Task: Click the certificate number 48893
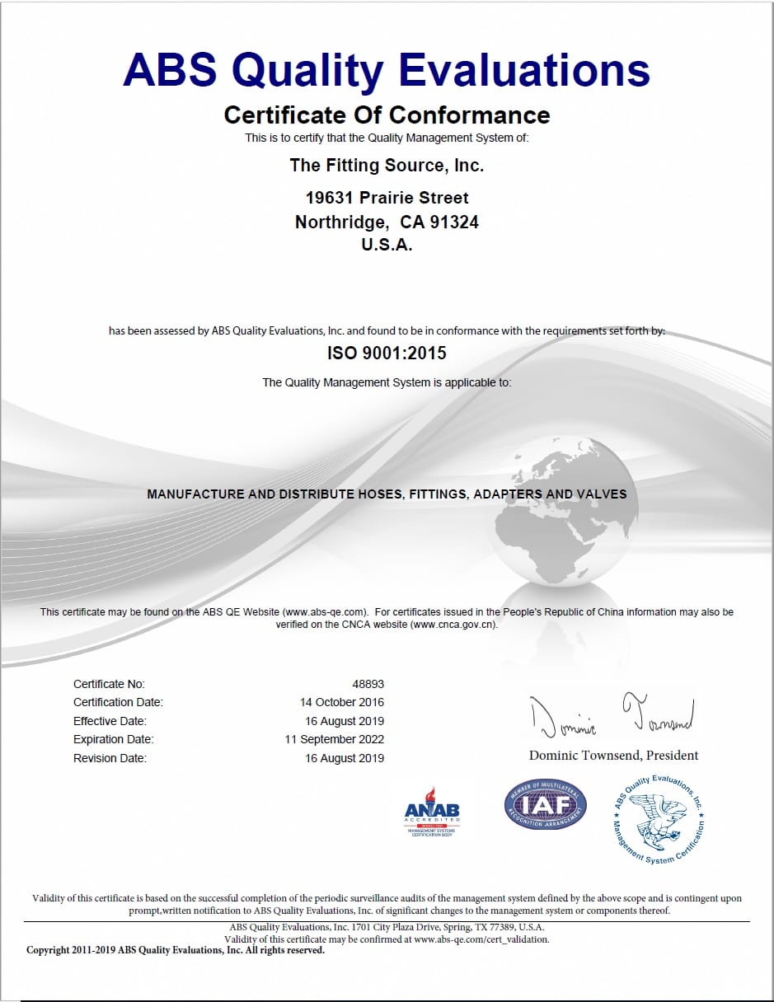[368, 684]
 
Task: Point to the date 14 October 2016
[342, 702]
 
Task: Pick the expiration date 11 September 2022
[335, 739]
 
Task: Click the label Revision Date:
[110, 758]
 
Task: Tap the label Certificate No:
[109, 684]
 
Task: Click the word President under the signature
[673, 756]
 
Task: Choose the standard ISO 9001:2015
[387, 354]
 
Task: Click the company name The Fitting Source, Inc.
[387, 166]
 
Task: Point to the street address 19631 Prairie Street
[387, 198]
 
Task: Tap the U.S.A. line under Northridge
[387, 245]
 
